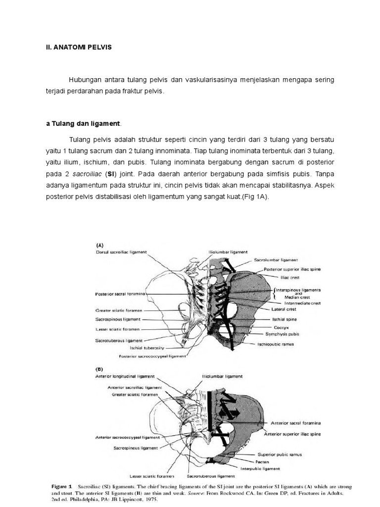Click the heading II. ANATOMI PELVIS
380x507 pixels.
76,48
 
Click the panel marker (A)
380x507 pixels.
100,244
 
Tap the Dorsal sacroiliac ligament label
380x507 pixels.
121,252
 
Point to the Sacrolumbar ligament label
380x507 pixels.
276,259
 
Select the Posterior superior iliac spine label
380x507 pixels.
292,269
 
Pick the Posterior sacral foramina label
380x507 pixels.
120,294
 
